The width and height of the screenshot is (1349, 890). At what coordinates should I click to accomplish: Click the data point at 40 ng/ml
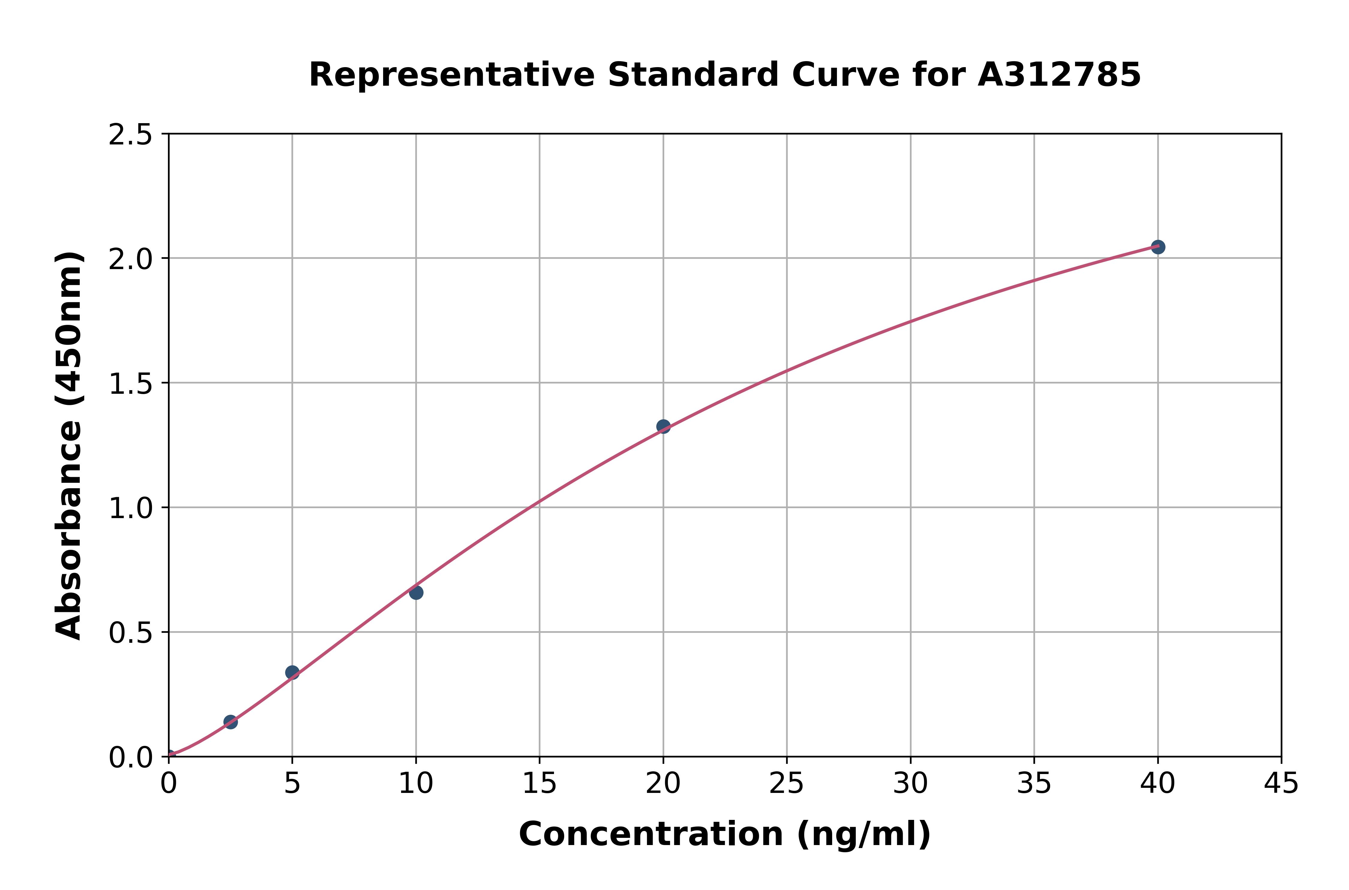click(1158, 247)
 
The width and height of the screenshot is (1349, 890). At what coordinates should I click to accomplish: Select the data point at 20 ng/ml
click(663, 426)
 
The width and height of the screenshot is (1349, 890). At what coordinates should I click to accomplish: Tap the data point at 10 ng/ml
click(416, 592)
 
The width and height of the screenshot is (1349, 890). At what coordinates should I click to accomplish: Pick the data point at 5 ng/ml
click(292, 673)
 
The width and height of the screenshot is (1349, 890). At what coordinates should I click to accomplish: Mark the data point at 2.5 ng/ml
click(231, 722)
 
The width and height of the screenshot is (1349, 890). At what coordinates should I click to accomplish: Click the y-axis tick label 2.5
click(131, 135)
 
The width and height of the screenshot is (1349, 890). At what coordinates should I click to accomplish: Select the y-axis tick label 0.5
click(131, 633)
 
